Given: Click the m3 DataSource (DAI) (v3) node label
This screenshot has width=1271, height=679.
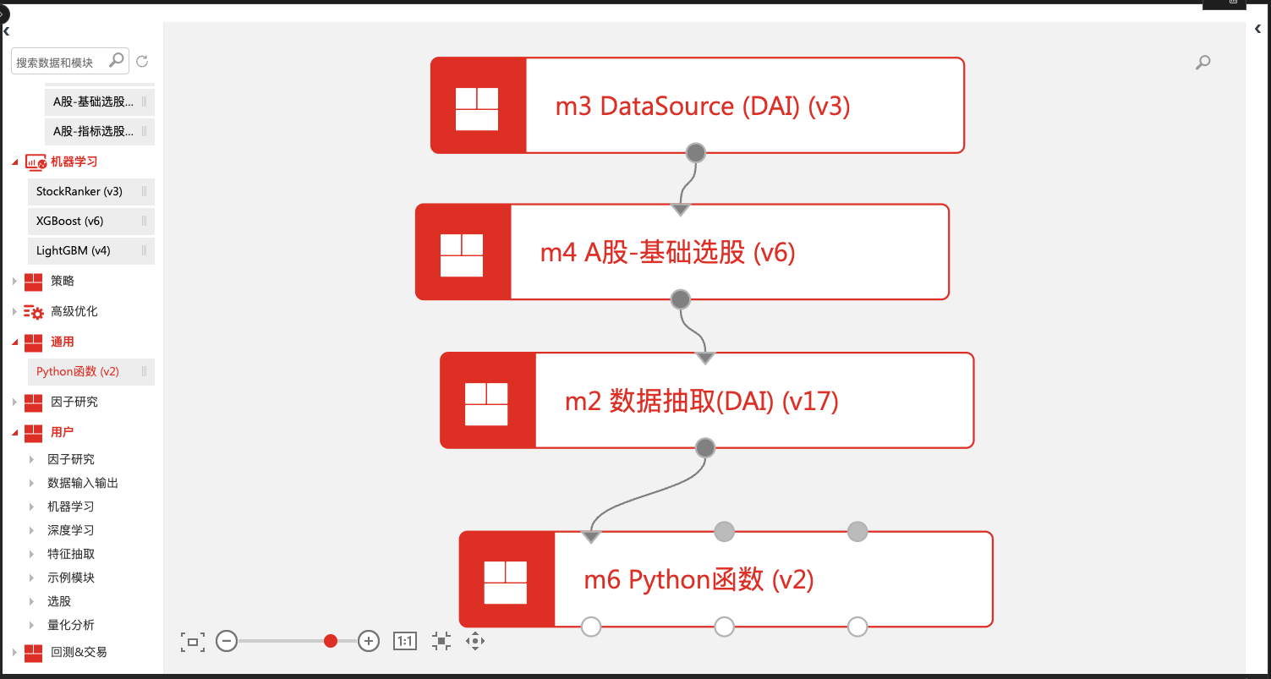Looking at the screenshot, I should (x=702, y=107).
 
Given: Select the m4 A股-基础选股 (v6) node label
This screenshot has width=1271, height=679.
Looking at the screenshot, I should (x=667, y=253).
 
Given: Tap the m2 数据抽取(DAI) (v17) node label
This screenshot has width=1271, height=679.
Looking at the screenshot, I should (x=701, y=402).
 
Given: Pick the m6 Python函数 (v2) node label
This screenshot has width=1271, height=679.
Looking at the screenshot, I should (x=699, y=580).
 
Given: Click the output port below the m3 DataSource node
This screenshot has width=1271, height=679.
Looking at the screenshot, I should (x=695, y=153).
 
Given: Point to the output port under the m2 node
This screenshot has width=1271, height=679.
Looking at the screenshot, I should (x=704, y=448).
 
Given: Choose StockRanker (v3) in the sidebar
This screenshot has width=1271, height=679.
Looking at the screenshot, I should (x=79, y=192).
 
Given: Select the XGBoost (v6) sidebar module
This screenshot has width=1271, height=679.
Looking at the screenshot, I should (x=69, y=222).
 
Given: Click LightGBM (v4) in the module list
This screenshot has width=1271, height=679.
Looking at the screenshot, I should (x=74, y=251).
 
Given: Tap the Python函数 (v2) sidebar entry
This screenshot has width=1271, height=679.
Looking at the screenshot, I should (x=78, y=372).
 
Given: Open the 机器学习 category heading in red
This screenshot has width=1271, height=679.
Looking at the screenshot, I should (x=74, y=162).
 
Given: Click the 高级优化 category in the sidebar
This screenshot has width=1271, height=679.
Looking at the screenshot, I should (x=74, y=312).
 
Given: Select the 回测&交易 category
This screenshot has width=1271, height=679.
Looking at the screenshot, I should (x=79, y=653).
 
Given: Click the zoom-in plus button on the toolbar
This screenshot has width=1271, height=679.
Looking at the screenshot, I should (x=369, y=641).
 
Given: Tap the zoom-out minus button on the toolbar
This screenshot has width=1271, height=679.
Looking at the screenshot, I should (x=226, y=641).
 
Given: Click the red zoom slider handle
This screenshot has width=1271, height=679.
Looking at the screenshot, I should (x=331, y=641).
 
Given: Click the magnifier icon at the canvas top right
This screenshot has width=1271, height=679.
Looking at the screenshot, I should (x=1203, y=62).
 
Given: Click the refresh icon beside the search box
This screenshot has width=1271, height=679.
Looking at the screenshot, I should (x=142, y=61).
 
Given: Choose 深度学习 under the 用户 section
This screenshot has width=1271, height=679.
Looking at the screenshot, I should (x=71, y=531).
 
